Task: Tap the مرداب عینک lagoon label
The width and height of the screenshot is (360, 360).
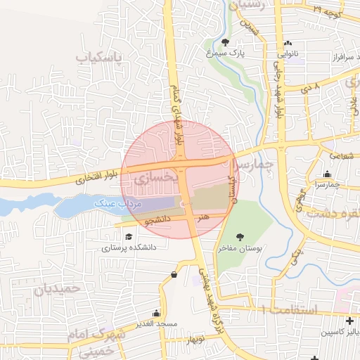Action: coord(119,202)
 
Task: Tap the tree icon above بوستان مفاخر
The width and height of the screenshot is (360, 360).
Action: coord(241,237)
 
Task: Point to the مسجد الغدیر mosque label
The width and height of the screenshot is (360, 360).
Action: coord(156,323)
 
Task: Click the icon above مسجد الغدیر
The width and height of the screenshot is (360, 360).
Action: coord(155,312)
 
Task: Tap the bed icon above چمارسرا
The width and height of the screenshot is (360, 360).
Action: coord(326,174)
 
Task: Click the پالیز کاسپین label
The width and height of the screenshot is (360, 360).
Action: coord(341,332)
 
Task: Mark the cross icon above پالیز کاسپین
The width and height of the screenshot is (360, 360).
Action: coord(349,321)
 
